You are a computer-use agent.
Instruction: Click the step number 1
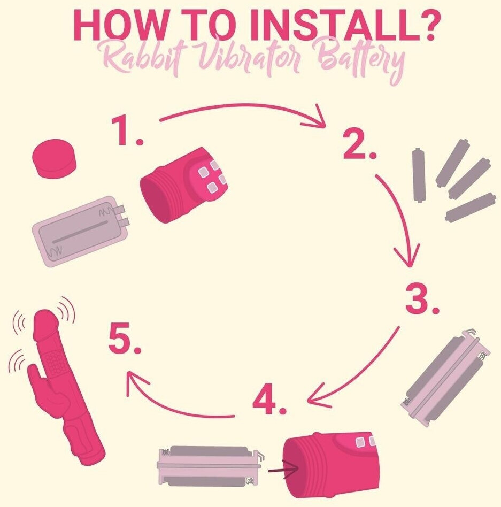click(x=126, y=131)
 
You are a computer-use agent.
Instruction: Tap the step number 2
click(x=359, y=144)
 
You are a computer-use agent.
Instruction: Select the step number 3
click(x=422, y=299)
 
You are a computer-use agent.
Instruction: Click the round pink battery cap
click(x=55, y=158)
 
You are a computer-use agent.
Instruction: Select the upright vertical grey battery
click(x=419, y=175)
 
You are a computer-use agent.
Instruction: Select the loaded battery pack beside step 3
click(x=445, y=378)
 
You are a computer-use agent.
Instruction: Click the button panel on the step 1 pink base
click(x=210, y=176)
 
